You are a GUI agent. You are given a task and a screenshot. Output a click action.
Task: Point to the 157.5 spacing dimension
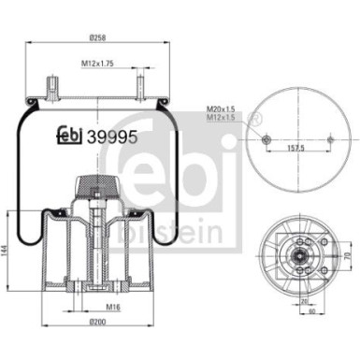[x=296, y=147]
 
